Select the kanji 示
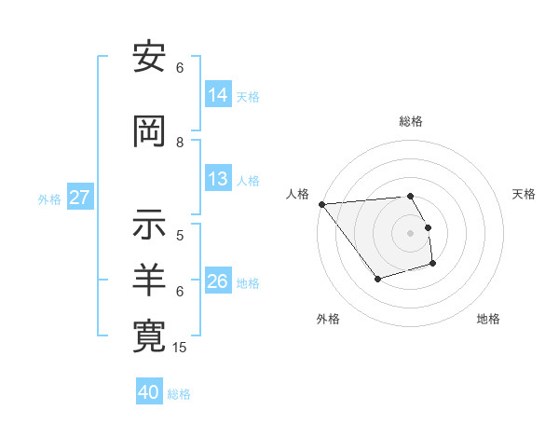[x=149, y=224]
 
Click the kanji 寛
[x=149, y=335]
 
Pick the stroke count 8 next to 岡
[x=180, y=142]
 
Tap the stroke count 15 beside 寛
[x=181, y=348]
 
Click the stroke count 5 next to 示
[x=180, y=235]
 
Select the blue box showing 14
[x=218, y=95]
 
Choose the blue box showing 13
[x=218, y=179]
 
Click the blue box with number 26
[x=218, y=281]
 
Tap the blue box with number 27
[x=80, y=198]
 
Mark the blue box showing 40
[x=149, y=392]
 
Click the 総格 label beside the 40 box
[x=179, y=394]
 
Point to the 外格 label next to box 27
[x=49, y=198]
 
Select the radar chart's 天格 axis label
[x=525, y=194]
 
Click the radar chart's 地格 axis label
[x=488, y=319]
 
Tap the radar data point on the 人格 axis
[x=321, y=204]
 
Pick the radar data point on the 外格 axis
[x=377, y=279]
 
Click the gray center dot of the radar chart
[x=410, y=232]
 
